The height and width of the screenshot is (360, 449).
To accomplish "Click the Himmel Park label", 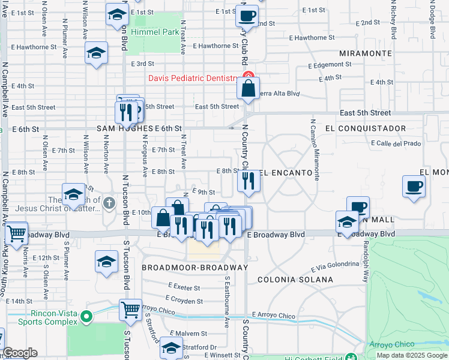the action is click(x=149, y=31).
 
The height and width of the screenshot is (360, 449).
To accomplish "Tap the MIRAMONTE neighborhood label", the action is click(x=365, y=53).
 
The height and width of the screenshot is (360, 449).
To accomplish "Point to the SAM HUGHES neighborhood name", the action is click(x=124, y=129).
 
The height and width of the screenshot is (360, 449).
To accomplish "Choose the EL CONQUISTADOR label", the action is click(x=366, y=128).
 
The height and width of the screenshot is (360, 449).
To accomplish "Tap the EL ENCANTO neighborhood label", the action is click(x=286, y=173).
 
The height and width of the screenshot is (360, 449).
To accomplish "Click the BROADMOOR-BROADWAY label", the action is click(x=194, y=267).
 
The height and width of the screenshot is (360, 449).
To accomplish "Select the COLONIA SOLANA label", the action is click(x=295, y=280).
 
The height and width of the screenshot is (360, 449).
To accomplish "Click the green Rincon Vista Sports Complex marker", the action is click(x=87, y=316).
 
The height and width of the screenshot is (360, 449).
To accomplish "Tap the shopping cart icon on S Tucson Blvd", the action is click(x=130, y=310).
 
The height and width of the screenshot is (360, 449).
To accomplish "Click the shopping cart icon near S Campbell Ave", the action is click(x=16, y=233).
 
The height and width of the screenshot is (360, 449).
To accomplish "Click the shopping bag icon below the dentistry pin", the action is click(x=248, y=89).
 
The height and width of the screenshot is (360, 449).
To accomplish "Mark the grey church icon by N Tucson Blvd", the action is click(x=109, y=202).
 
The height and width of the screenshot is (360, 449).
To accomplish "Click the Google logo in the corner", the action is click(x=20, y=353).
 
